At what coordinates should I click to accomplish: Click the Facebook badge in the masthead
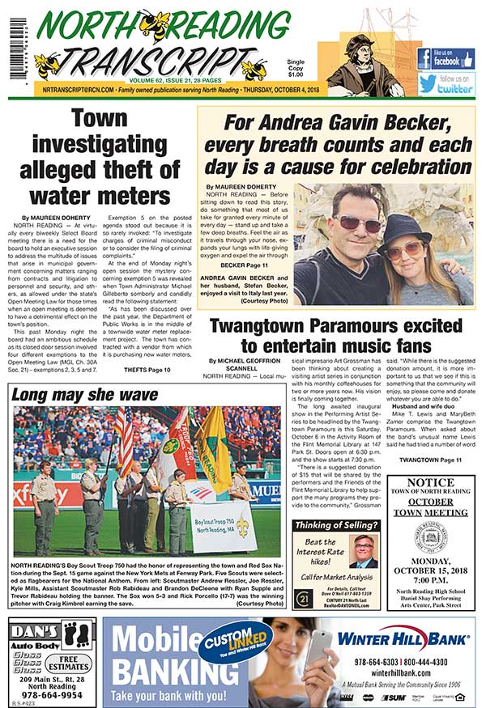tap(446, 58)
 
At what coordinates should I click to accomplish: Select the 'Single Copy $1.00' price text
tap(296, 68)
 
